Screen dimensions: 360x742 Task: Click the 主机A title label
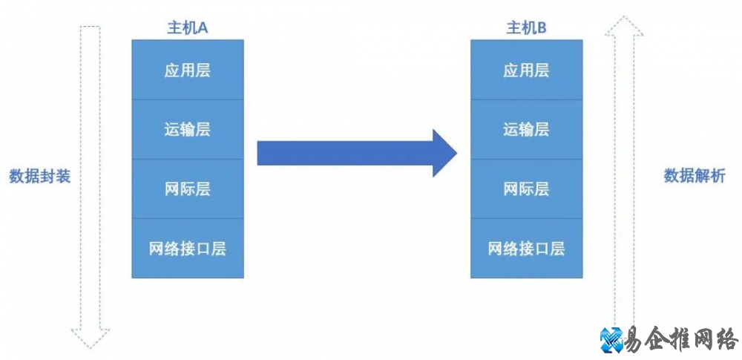(x=187, y=28)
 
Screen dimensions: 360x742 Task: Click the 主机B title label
(x=526, y=28)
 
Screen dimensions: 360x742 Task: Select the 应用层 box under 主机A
(x=187, y=71)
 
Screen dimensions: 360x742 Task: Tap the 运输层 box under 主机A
(x=187, y=129)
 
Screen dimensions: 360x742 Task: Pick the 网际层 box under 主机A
(x=187, y=189)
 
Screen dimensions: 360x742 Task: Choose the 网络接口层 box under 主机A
(x=187, y=248)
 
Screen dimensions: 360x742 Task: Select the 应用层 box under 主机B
(x=526, y=71)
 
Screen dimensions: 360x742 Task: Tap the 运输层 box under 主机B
(x=526, y=129)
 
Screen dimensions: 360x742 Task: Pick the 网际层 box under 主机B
(x=526, y=189)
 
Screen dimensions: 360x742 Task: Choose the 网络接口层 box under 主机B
(x=526, y=248)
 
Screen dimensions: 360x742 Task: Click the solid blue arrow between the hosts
(x=349, y=153)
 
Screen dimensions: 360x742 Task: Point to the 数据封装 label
(x=40, y=177)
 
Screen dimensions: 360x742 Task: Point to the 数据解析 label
(x=695, y=177)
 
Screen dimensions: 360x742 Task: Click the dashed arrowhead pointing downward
(x=90, y=337)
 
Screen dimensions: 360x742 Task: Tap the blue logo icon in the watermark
(x=613, y=339)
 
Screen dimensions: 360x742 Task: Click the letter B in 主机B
(x=542, y=28)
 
